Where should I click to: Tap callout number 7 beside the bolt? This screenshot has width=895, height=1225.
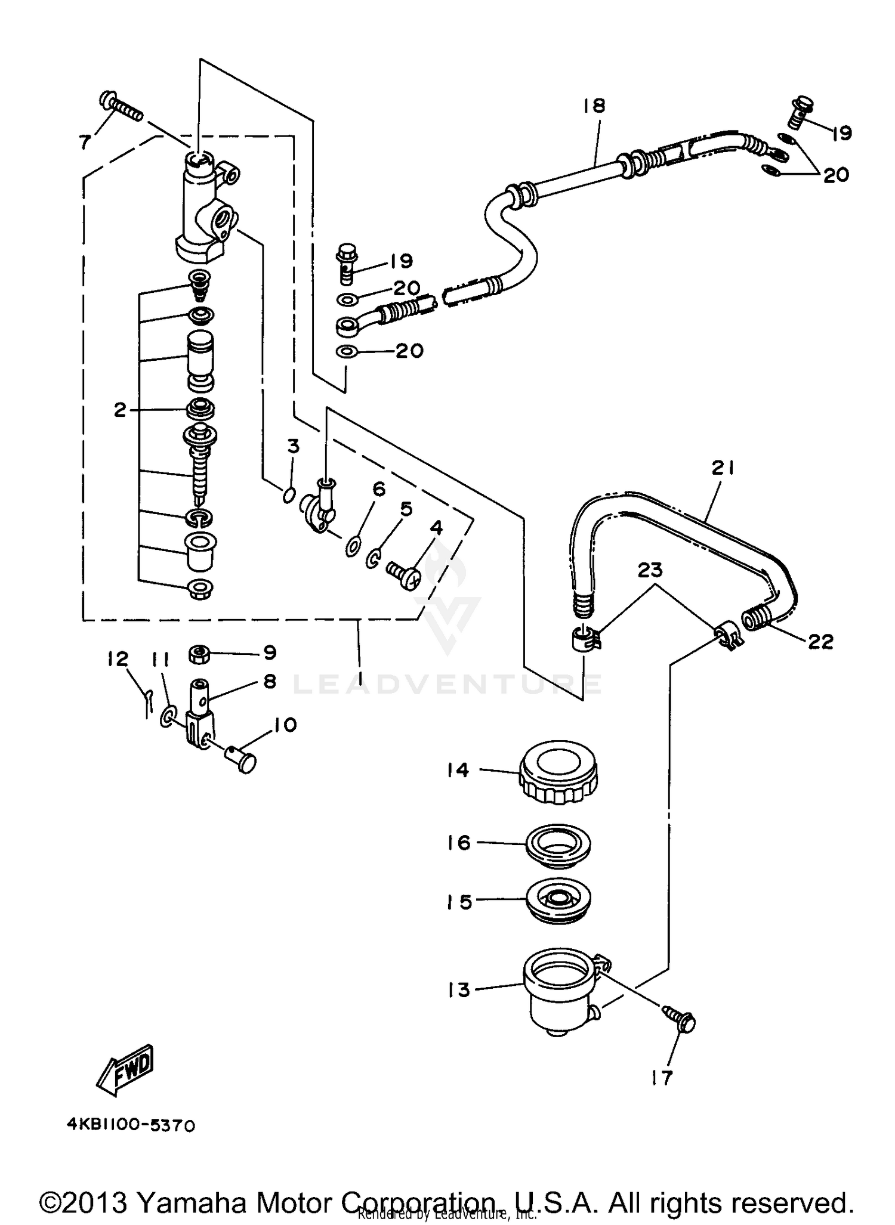click(x=85, y=142)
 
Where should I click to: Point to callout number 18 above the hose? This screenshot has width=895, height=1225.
click(x=594, y=106)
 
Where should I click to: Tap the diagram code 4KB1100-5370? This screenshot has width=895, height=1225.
click(x=131, y=1125)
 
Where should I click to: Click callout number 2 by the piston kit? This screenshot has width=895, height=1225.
click(x=121, y=410)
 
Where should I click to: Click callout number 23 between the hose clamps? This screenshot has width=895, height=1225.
click(x=650, y=570)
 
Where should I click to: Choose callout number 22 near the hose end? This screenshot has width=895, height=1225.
click(x=820, y=642)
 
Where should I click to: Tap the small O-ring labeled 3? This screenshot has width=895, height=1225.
click(x=289, y=494)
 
